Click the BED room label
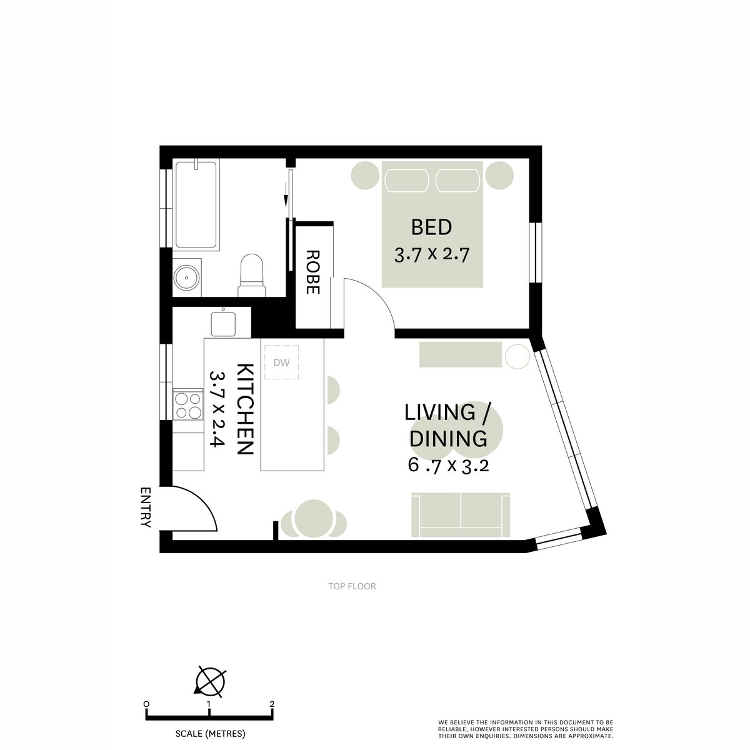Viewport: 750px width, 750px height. point(431,227)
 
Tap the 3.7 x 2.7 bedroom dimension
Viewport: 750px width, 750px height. point(431,255)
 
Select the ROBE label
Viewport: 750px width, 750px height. point(312,272)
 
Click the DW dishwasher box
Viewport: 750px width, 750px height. point(281,362)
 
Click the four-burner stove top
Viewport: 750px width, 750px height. point(188,405)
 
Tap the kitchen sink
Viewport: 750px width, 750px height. point(223,323)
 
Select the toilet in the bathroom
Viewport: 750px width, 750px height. point(252,276)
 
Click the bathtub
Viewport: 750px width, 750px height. point(196,205)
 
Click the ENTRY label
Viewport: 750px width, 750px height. point(146,507)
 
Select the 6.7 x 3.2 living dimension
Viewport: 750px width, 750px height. point(447,466)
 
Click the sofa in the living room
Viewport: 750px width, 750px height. point(461,514)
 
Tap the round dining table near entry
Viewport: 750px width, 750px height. point(313,518)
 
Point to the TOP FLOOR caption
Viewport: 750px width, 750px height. point(352,586)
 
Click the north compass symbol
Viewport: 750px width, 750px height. point(210,680)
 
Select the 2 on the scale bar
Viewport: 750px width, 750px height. point(272,704)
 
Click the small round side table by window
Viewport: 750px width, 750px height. point(517,357)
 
